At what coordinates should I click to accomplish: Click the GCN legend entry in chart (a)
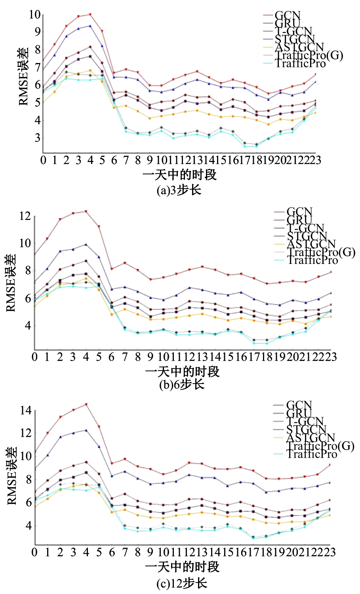[x=287, y=15]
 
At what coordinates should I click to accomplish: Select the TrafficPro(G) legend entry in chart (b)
[x=321, y=252]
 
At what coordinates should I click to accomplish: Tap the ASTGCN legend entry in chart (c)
[x=310, y=437]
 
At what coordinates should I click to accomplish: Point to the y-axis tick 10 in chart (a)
[x=34, y=15]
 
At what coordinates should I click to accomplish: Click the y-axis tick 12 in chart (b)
[x=25, y=216]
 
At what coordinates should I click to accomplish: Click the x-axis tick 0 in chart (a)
[x=43, y=160]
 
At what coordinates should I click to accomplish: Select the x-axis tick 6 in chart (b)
[x=112, y=357]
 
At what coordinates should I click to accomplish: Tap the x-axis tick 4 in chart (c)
[x=86, y=552]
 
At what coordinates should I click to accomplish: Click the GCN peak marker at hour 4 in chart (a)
[x=90, y=15]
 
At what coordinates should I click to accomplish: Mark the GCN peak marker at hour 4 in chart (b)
[x=86, y=211]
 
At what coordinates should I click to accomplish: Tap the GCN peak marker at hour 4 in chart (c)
[x=86, y=405]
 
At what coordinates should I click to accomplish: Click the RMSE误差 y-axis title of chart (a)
[x=24, y=76]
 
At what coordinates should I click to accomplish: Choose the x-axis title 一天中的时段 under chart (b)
[x=182, y=371]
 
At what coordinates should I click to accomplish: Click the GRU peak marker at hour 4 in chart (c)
[x=86, y=430]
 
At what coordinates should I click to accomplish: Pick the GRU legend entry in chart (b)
[x=299, y=220]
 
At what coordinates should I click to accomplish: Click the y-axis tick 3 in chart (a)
[x=37, y=138]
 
